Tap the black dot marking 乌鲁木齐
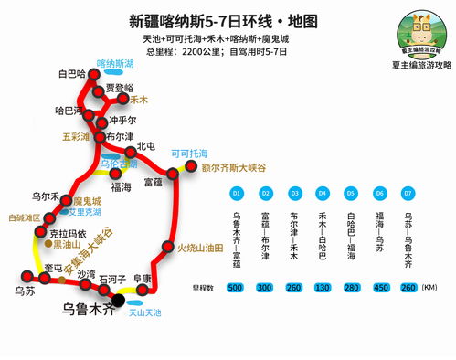tap(120, 299)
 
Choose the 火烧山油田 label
tap(199, 247)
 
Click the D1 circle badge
tap(236, 193)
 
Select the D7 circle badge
tap(408, 193)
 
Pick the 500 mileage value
tap(236, 287)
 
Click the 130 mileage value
tap(322, 287)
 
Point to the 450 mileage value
tap(379, 287)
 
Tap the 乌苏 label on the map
tap(25, 291)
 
